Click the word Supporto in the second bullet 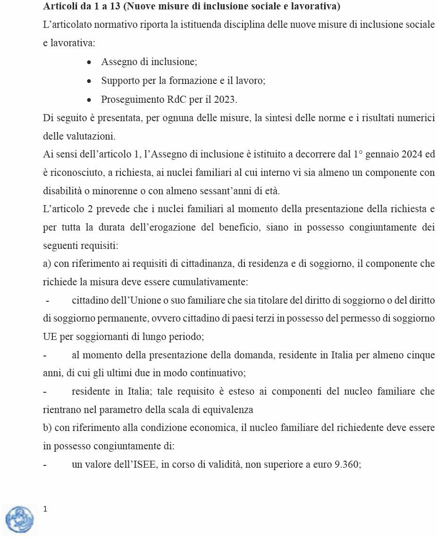pyautogui.click(x=119, y=81)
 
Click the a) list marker pyautogui.click(x=47, y=264)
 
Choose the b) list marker pyautogui.click(x=47, y=428)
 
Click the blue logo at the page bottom pyautogui.click(x=19, y=519)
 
